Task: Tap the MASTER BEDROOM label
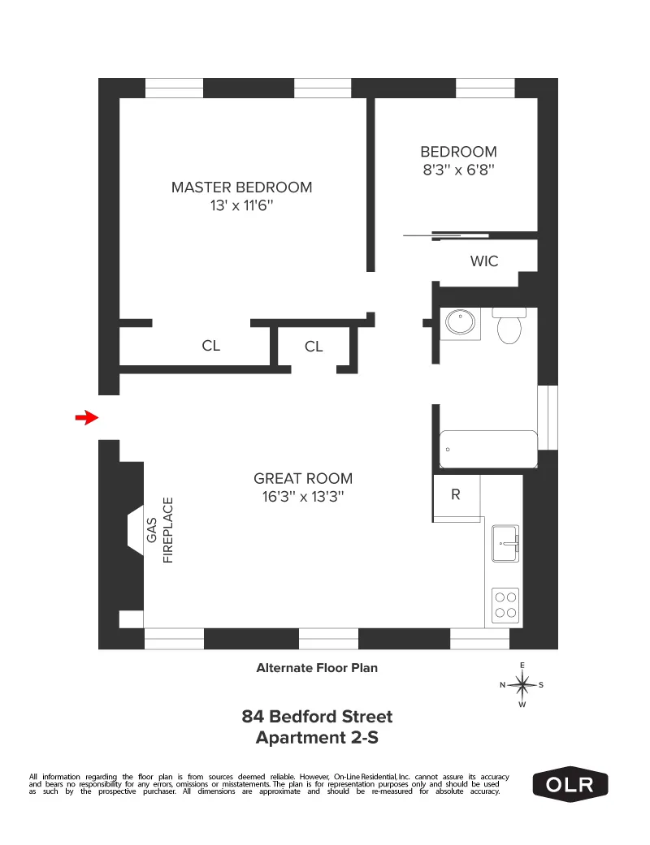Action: click(x=241, y=188)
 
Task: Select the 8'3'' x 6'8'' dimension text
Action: click(x=457, y=170)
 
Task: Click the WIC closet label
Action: click(x=484, y=261)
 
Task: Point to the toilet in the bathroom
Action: click(x=509, y=327)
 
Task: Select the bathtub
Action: click(x=488, y=449)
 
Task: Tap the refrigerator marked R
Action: click(x=456, y=494)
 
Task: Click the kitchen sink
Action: click(x=505, y=543)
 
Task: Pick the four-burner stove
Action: click(x=505, y=604)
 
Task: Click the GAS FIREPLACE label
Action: click(x=160, y=529)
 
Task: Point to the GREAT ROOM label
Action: click(x=303, y=478)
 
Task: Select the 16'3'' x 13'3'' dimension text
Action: click(x=303, y=498)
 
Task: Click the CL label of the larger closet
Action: click(x=211, y=346)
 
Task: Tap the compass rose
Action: click(x=522, y=685)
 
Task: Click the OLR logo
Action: click(x=570, y=784)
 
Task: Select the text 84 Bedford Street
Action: click(x=317, y=717)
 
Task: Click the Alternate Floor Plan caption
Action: click(x=317, y=668)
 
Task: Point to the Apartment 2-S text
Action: click(x=317, y=738)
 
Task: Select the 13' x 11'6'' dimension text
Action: click(x=241, y=206)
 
